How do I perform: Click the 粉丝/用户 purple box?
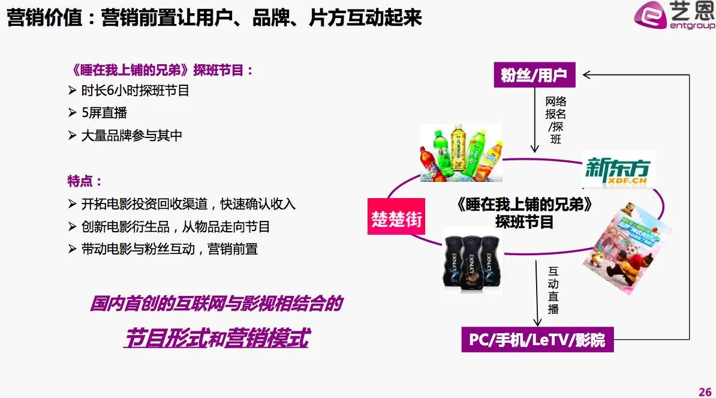pyautogui.click(x=534, y=76)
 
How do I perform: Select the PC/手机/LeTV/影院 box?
pyautogui.click(x=537, y=340)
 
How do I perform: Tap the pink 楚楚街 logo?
pyautogui.click(x=396, y=216)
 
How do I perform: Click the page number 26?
pyautogui.click(x=705, y=391)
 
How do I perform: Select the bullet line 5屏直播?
pyautogui.click(x=104, y=113)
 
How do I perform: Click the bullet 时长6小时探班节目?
pyautogui.click(x=136, y=91)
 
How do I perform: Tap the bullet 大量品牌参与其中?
pyautogui.click(x=132, y=136)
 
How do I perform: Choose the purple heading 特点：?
pyautogui.click(x=85, y=181)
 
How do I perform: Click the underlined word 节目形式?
pyautogui.click(x=165, y=339)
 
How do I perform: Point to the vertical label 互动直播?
pyautogui.click(x=553, y=290)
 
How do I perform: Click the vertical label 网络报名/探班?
pyautogui.click(x=555, y=120)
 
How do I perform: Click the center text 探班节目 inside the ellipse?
pyautogui.click(x=524, y=222)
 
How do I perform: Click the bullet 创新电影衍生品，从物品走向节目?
pyautogui.click(x=176, y=226)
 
